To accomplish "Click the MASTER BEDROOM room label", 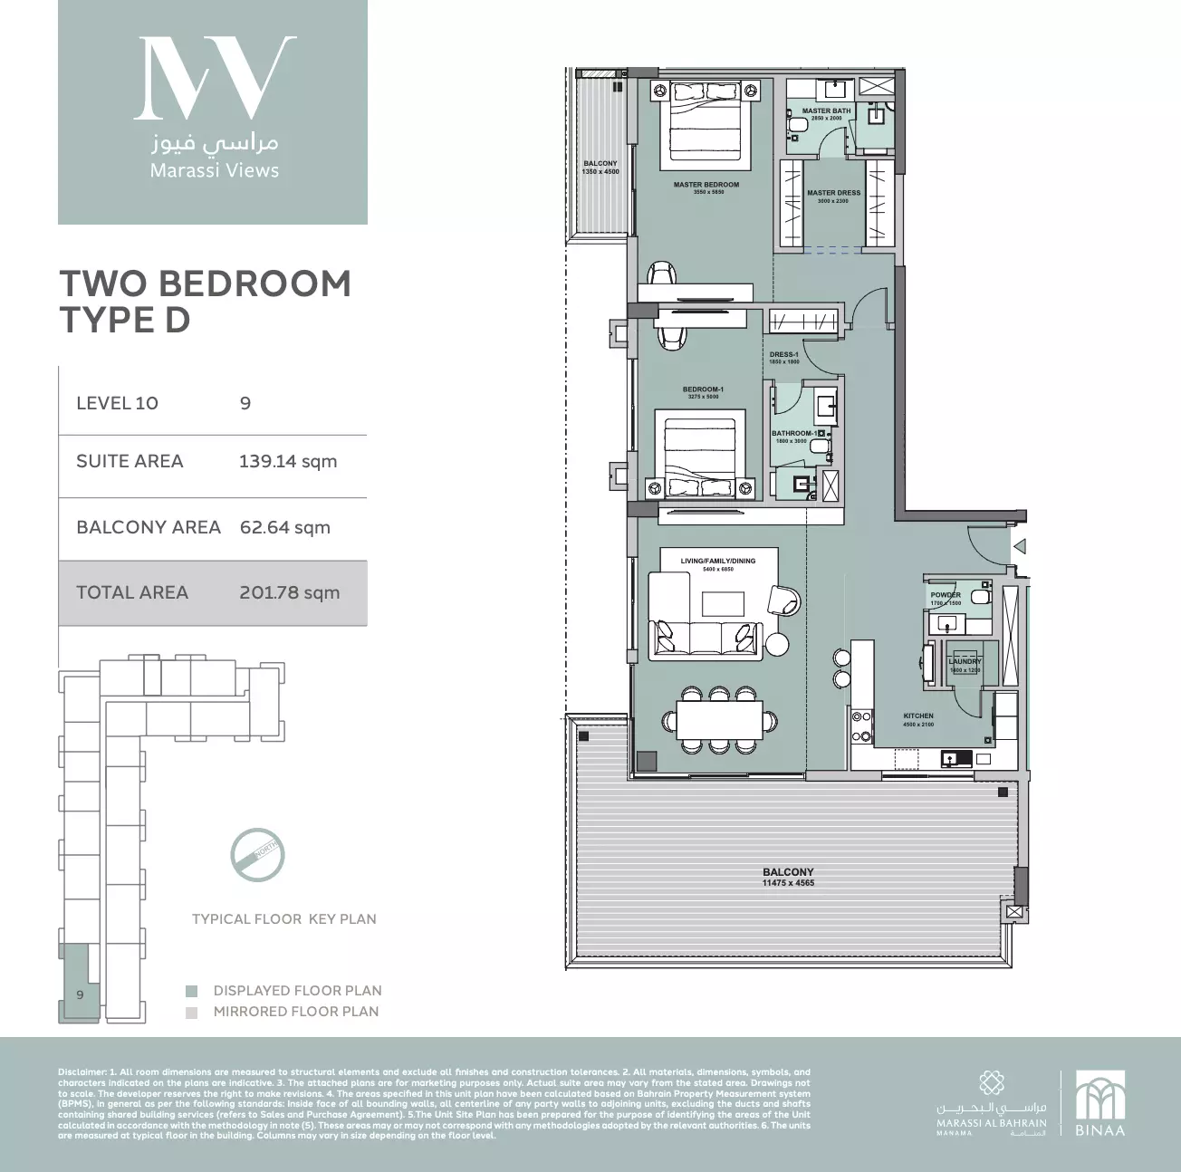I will tap(706, 185).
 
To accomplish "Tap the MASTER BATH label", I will tap(826, 111).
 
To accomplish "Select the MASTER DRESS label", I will tap(833, 193).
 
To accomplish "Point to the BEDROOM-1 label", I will tap(703, 389).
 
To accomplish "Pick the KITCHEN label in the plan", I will tap(917, 716).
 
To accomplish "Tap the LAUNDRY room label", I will tap(965, 662).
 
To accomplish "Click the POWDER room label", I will tap(945, 595).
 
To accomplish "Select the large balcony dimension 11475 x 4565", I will tap(788, 882).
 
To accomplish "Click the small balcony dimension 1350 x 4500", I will tap(600, 171).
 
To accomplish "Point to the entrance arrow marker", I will tap(1019, 546).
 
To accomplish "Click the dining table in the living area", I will tap(719, 721).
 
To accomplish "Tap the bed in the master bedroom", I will tap(707, 121).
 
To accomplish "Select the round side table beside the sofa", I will tap(777, 644).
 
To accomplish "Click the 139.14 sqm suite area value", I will tap(287, 461).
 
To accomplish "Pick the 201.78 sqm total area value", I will tap(289, 592).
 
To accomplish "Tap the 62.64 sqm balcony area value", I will tap(284, 527).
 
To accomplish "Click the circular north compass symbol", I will tap(257, 854).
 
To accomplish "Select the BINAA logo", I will tap(1099, 1104).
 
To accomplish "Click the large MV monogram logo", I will tap(214, 79).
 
